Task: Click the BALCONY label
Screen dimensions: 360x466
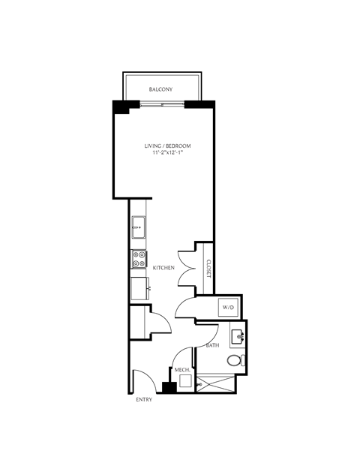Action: (160, 89)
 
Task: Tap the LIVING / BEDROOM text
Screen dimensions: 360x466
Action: (167, 146)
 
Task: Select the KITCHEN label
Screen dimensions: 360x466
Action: (163, 268)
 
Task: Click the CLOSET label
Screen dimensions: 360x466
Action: (208, 269)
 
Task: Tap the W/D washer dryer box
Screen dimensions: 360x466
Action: (228, 308)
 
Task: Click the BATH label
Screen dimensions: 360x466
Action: (213, 345)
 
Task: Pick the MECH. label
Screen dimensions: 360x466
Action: (182, 370)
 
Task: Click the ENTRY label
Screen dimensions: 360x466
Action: (144, 400)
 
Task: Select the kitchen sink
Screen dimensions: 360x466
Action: (139, 227)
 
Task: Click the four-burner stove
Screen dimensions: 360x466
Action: (139, 259)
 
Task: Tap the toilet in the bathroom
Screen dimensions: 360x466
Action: (236, 360)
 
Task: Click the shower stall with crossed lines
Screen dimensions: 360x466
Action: (215, 383)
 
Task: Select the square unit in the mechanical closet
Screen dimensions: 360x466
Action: (186, 380)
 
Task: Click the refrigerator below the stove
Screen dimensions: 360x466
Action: (139, 289)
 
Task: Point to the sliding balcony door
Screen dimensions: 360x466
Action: (162, 104)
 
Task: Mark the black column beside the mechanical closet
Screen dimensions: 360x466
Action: (169, 387)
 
